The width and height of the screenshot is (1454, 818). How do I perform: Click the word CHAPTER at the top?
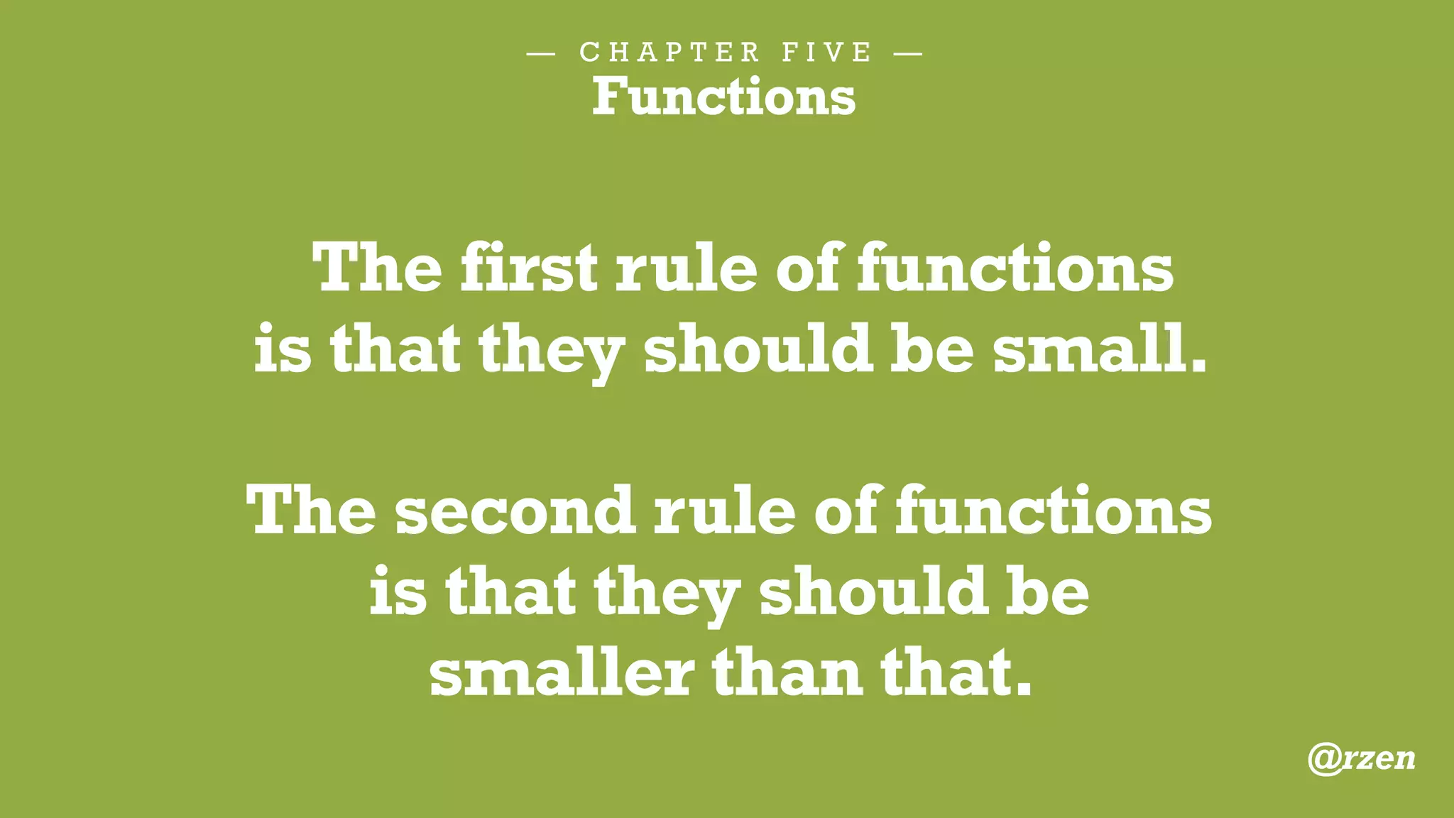pos(669,53)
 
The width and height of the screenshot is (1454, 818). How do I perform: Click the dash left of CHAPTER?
pos(541,53)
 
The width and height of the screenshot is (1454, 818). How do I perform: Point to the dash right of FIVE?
pos(908,53)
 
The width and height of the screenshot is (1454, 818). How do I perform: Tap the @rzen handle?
pos(1361,758)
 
